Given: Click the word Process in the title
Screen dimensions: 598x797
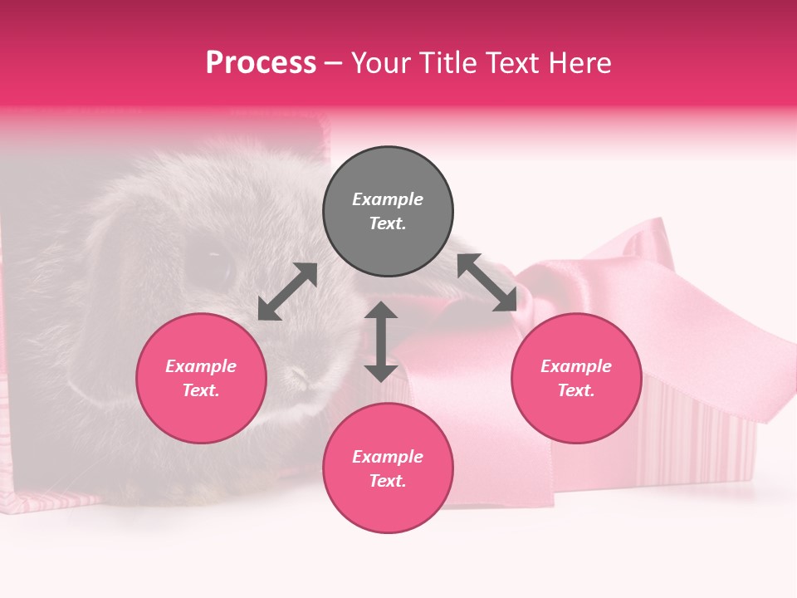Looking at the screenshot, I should (x=261, y=63).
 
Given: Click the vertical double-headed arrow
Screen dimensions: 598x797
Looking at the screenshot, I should (x=381, y=341).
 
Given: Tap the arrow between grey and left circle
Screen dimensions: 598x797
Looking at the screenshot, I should (x=287, y=292).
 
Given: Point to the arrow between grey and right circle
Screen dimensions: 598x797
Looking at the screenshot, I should (x=487, y=282).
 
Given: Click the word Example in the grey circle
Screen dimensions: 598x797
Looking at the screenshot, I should (x=388, y=199).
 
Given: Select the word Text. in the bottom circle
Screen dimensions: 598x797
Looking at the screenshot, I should (x=388, y=481).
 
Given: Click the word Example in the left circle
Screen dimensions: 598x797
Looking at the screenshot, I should (x=201, y=366).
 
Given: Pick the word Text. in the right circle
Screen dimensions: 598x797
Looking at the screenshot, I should (x=576, y=390).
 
